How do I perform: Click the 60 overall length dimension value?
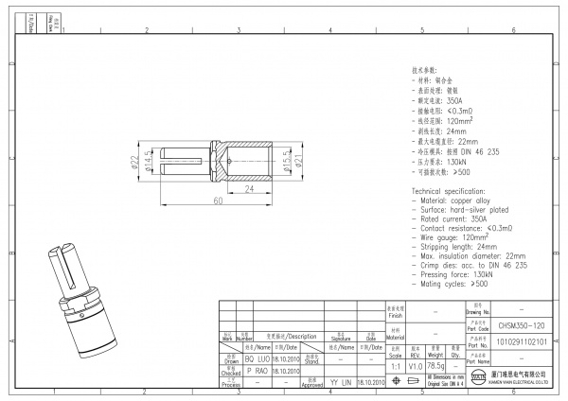(x=217, y=201)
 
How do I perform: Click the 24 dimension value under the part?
(x=249, y=189)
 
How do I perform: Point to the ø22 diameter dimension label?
(x=134, y=162)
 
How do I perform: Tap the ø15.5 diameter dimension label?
(x=285, y=161)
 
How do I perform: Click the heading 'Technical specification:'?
(x=453, y=191)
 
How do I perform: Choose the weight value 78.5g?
(x=436, y=366)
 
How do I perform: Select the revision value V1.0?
(x=416, y=366)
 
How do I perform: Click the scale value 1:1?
(x=395, y=366)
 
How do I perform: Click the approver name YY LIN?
(x=339, y=383)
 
